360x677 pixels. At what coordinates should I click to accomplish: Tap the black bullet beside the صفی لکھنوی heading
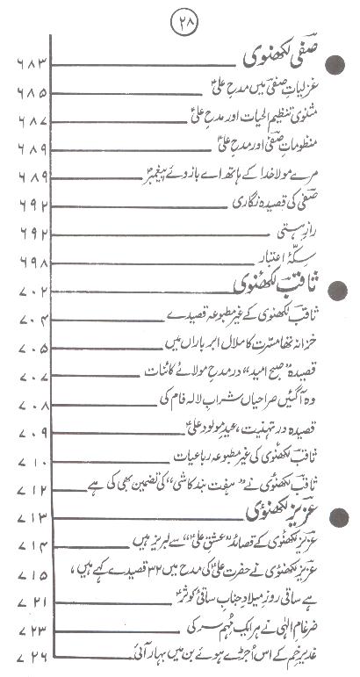click(335, 63)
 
